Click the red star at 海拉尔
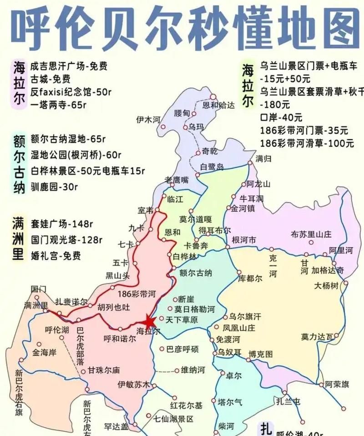tap(150, 321)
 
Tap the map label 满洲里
tap(36, 305)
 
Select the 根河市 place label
tap(244, 240)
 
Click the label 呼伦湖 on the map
tap(57, 330)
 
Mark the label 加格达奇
tap(328, 270)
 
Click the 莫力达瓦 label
tap(317, 337)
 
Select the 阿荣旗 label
tap(337, 384)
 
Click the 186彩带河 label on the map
tap(137, 293)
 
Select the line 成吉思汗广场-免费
tap(69, 66)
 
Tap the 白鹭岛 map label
tap(212, 167)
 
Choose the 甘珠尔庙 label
tap(104, 370)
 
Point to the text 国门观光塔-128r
tap(67, 239)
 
